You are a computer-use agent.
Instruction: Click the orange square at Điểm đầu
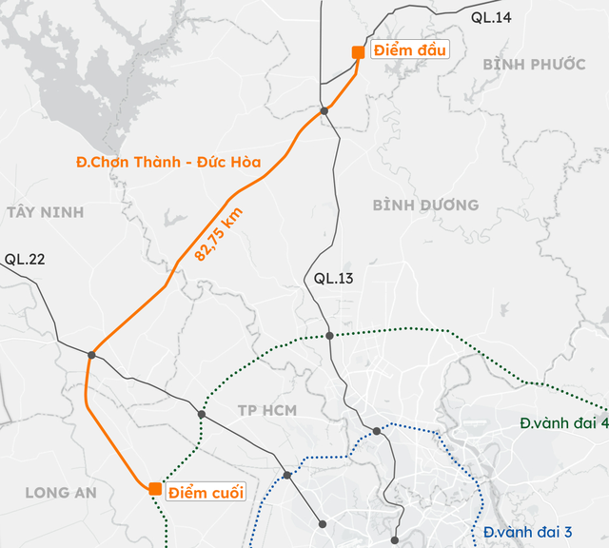tap(358, 52)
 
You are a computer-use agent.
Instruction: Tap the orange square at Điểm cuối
tap(154, 489)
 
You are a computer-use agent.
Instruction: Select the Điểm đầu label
tap(407, 49)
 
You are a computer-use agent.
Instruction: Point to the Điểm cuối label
tap(206, 492)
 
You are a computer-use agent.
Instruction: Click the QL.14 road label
tap(492, 16)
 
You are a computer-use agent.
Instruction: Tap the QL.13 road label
tap(334, 279)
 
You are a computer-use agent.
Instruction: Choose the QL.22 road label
tap(25, 259)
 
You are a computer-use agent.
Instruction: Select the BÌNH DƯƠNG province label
tap(425, 205)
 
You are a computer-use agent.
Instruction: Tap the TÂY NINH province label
tap(45, 212)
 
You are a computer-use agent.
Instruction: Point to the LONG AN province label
tap(61, 492)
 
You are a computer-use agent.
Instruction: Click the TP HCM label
tap(267, 410)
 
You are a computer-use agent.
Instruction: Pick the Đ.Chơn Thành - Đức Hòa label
tap(168, 162)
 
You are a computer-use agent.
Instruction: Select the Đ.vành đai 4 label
tap(562, 423)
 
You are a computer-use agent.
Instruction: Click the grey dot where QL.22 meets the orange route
tap(92, 355)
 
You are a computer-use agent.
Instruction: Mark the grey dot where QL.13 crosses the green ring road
tap(329, 335)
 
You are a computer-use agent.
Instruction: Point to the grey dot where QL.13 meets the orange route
tap(324, 111)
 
